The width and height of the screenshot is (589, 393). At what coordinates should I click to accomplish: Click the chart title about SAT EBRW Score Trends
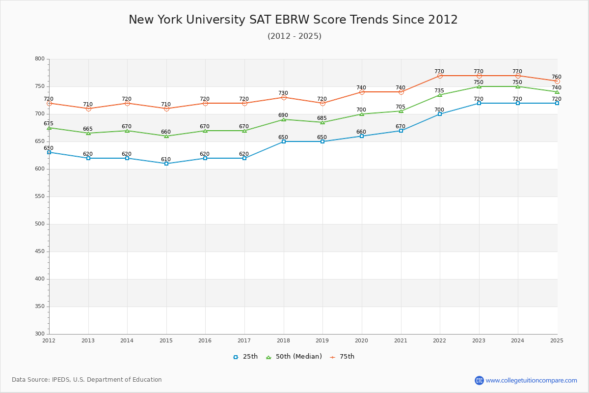click(293, 20)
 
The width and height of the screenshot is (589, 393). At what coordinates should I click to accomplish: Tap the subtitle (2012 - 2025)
click(294, 36)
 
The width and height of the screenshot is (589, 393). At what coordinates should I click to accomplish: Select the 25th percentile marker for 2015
click(166, 164)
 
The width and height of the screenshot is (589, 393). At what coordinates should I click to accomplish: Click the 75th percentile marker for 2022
click(440, 76)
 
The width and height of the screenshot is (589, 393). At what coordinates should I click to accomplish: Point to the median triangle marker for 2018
click(284, 119)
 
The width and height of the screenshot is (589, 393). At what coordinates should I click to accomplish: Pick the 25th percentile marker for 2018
click(284, 141)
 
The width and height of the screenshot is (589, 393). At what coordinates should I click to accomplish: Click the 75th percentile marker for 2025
click(557, 81)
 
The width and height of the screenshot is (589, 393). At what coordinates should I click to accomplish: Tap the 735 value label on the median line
click(439, 91)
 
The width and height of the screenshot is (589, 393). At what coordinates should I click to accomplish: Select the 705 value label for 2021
click(401, 107)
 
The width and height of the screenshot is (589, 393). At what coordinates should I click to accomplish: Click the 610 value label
click(166, 160)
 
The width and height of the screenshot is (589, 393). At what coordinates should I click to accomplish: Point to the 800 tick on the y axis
click(39, 59)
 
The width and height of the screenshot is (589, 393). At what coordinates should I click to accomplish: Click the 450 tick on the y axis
click(39, 252)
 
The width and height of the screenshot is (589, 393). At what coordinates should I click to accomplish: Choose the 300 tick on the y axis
click(39, 334)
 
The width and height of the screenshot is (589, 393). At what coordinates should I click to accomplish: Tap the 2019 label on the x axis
click(322, 340)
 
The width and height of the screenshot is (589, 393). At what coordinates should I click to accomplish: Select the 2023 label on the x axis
click(479, 340)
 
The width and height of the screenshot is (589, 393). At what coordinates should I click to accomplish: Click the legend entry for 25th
click(245, 357)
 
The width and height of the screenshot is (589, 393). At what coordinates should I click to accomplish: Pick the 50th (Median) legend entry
click(294, 357)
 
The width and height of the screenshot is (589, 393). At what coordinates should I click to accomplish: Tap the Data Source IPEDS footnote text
click(87, 380)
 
